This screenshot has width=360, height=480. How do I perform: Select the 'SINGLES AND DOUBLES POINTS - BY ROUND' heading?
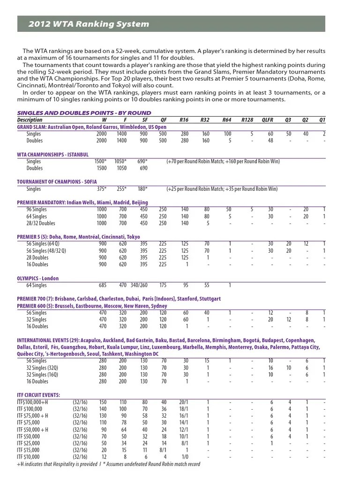[x=84, y=113]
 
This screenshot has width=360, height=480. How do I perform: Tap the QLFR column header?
[x=268, y=120]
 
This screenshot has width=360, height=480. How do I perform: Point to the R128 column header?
[x=247, y=120]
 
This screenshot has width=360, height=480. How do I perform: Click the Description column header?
[x=30, y=120]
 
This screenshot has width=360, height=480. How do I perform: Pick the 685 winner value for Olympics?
[x=102, y=285]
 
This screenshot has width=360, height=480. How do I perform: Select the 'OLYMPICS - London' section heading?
[x=38, y=278]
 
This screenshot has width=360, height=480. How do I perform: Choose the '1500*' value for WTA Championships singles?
[x=100, y=162]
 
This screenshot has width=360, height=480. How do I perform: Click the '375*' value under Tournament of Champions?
[x=101, y=189]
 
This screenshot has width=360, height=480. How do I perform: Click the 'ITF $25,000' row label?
[x=30, y=443]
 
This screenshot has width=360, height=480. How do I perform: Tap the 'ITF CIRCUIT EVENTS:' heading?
[x=38, y=395]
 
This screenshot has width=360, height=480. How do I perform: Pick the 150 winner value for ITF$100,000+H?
[x=103, y=402]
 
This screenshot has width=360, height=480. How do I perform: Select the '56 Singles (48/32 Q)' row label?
[x=49, y=251]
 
